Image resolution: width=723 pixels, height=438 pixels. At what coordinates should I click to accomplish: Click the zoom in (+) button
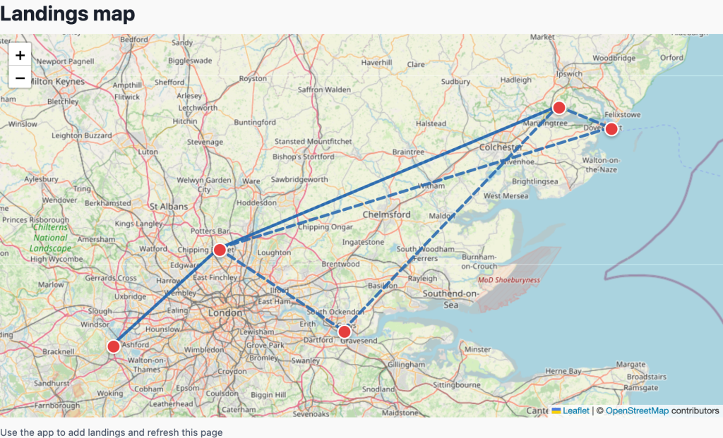20,55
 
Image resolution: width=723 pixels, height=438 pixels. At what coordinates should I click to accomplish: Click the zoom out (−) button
20,78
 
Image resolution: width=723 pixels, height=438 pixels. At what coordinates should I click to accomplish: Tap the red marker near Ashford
113,346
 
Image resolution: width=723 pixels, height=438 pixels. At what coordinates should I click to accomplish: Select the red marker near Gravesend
344,331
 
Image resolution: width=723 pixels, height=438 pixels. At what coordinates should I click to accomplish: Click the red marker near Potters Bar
220,250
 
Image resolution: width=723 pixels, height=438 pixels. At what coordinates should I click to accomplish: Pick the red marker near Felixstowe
611,128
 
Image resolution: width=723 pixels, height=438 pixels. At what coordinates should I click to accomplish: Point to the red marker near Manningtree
558,108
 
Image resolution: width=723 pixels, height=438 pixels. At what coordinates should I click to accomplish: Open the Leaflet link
575,410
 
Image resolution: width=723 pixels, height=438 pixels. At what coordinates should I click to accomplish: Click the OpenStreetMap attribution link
637,410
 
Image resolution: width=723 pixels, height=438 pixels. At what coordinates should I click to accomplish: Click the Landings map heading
68,14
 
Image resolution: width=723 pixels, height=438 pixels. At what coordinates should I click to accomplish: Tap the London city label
225,312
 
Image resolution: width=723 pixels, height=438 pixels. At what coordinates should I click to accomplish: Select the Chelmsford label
386,214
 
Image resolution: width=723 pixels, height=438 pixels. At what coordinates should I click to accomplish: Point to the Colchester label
501,147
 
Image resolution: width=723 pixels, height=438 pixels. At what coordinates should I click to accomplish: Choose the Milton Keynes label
57,82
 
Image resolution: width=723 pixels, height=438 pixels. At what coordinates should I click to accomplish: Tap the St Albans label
169,207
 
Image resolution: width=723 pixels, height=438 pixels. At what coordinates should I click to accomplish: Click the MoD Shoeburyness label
508,280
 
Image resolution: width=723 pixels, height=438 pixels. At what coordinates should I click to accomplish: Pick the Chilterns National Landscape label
52,238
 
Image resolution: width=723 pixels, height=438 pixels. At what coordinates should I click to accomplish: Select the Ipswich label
569,73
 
